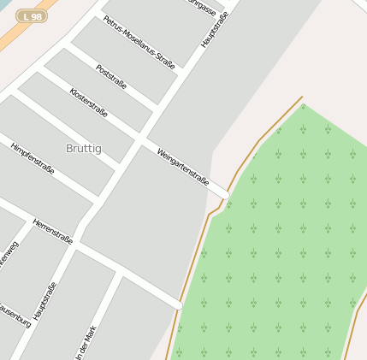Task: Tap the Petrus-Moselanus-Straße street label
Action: click(139, 41)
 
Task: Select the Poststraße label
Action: click(111, 77)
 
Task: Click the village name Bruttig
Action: click(83, 148)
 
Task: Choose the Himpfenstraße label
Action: click(33, 159)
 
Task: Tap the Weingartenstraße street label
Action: click(183, 166)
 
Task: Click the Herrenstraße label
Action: click(53, 231)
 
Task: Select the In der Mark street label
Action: click(87, 340)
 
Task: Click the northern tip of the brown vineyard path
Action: click(302, 97)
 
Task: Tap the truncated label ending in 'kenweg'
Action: click(9, 257)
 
